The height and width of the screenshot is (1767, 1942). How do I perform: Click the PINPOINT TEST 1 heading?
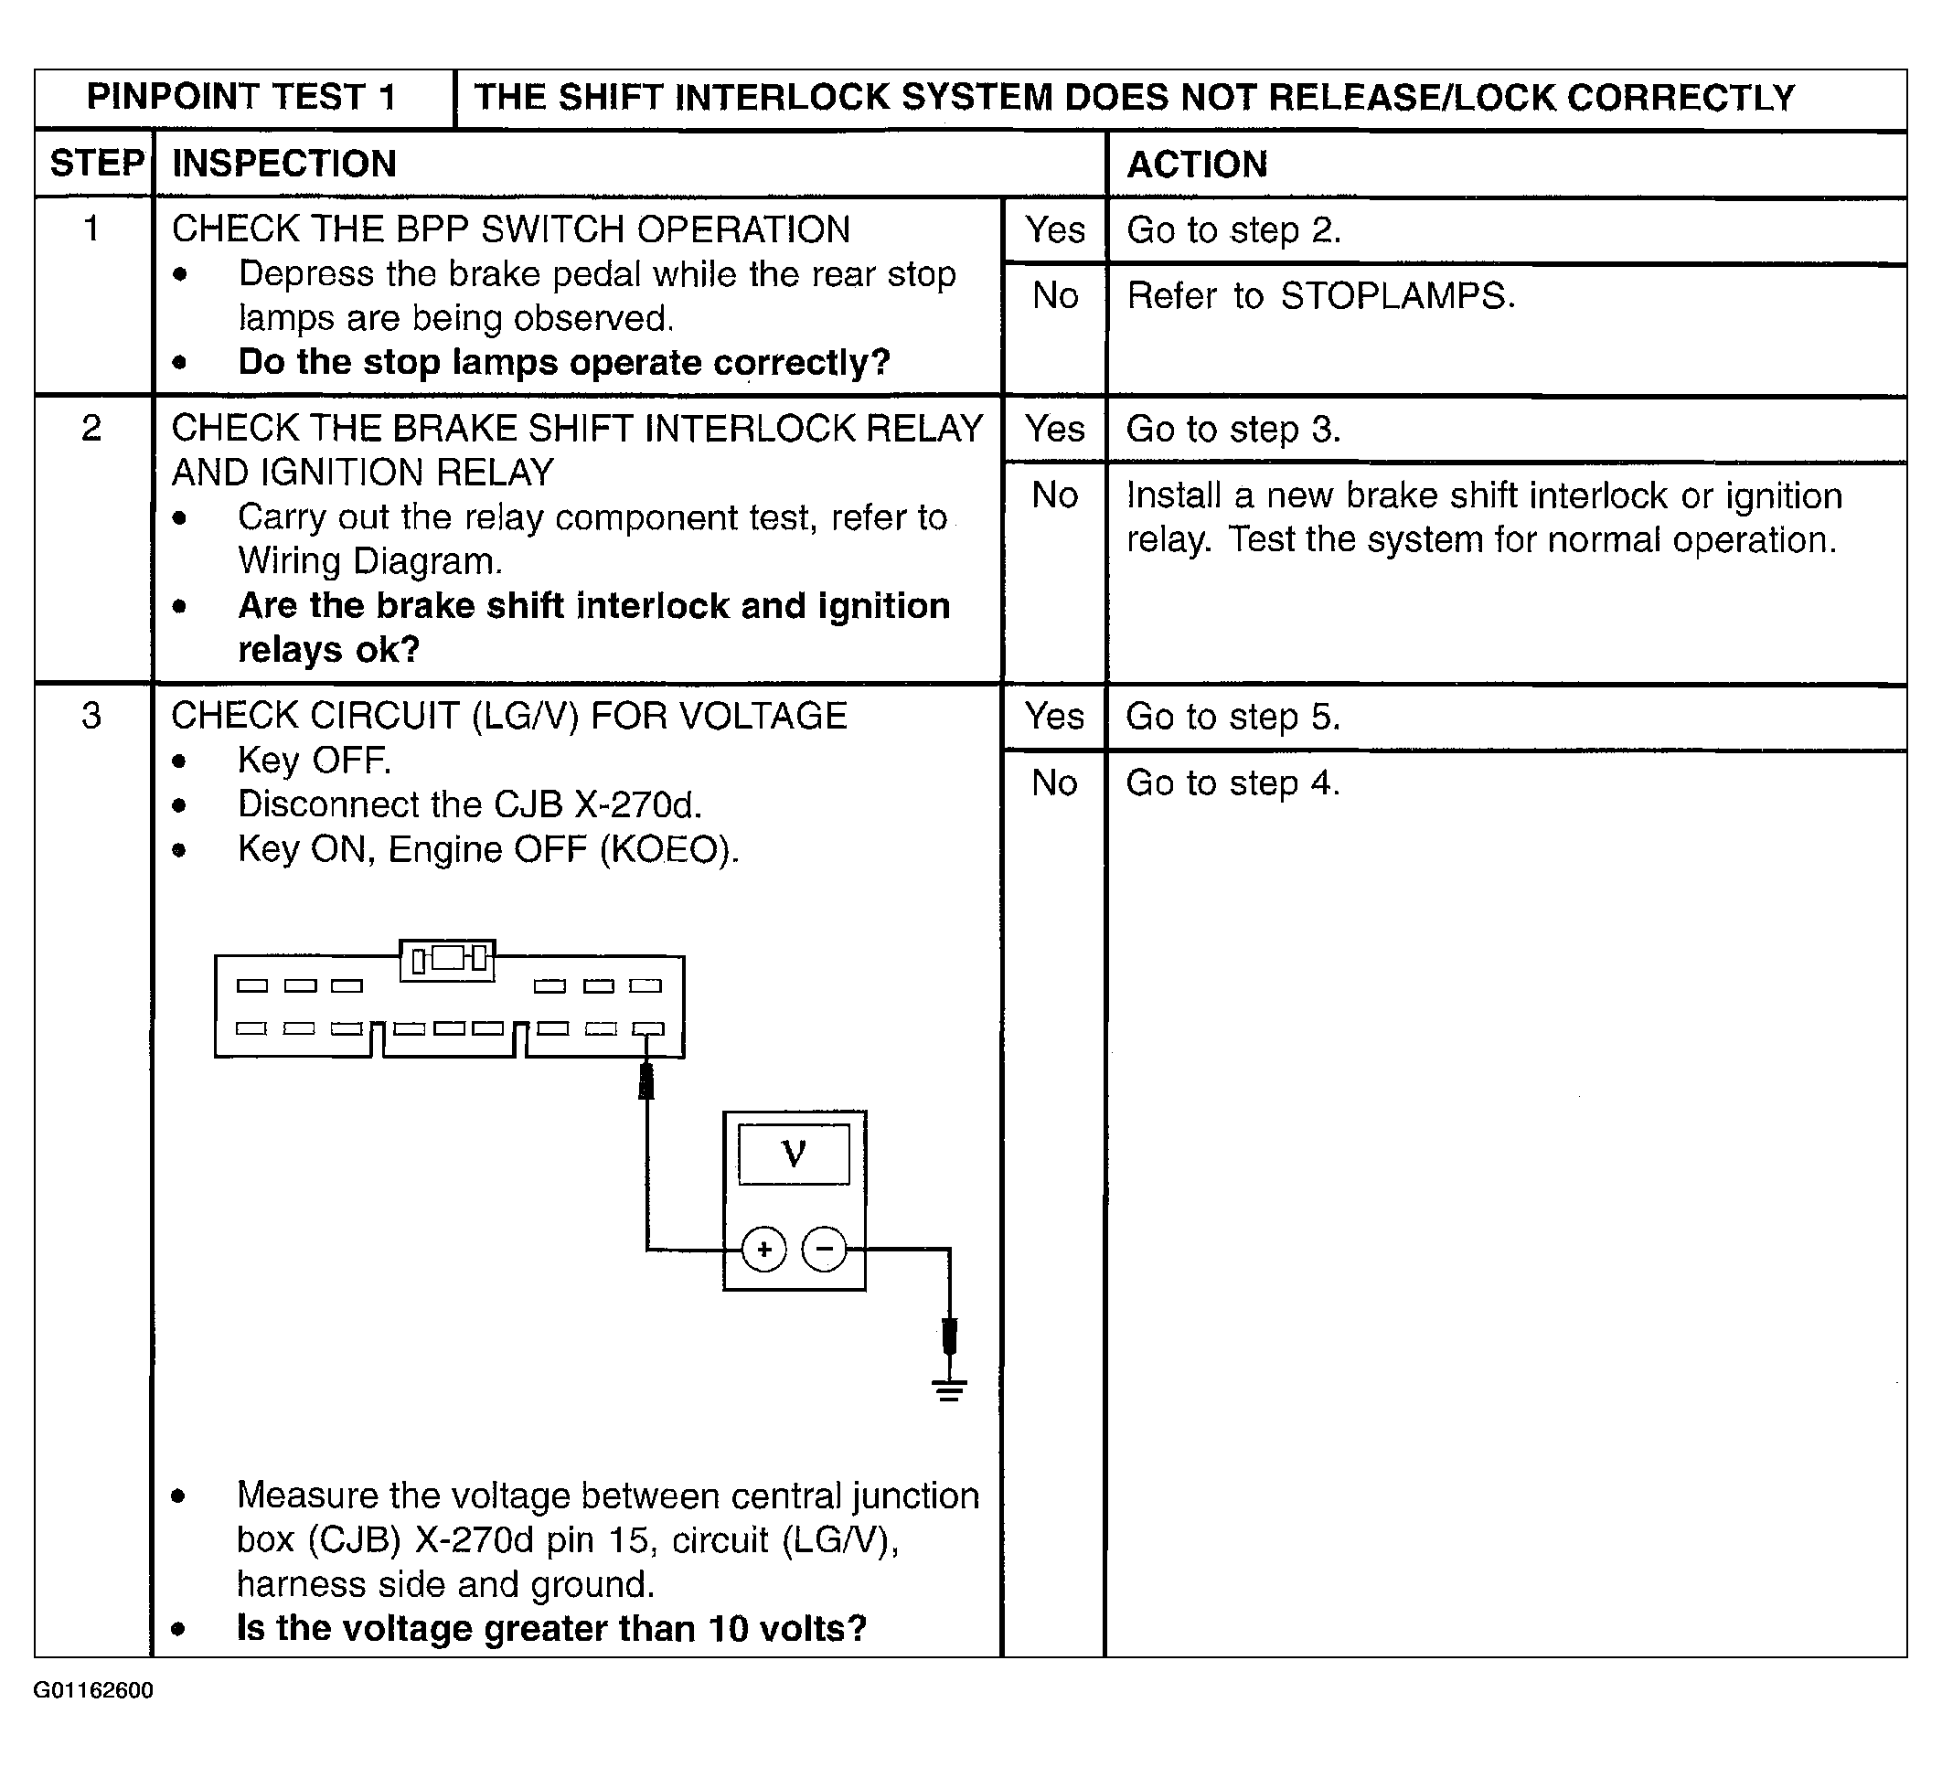click(240, 97)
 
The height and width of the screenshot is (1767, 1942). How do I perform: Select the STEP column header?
click(96, 164)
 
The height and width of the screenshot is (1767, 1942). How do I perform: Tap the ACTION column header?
click(1198, 165)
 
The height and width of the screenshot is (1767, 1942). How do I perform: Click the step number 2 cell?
click(91, 428)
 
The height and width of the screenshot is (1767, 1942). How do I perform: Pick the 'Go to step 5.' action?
click(1233, 718)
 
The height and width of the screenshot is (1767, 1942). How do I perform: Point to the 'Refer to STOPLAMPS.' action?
click(1320, 295)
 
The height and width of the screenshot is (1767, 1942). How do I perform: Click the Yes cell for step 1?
click(1055, 230)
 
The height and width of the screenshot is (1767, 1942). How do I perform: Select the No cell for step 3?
click(1054, 782)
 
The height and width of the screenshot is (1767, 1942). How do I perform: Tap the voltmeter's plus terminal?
click(763, 1250)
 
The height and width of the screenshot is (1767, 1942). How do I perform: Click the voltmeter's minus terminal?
click(825, 1250)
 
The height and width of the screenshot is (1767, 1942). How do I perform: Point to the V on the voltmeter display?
click(794, 1153)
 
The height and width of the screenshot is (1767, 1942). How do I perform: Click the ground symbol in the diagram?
click(949, 1389)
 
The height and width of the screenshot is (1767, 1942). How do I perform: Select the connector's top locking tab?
click(448, 959)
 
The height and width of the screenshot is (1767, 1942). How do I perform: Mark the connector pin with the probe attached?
click(647, 1028)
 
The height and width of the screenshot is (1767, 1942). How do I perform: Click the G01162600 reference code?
click(93, 1718)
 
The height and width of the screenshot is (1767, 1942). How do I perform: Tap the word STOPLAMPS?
click(1397, 295)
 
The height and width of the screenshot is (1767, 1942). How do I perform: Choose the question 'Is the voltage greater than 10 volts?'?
click(552, 1628)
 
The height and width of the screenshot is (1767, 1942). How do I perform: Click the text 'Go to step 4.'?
click(1233, 782)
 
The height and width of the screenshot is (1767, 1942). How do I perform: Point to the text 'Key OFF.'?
click(314, 761)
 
